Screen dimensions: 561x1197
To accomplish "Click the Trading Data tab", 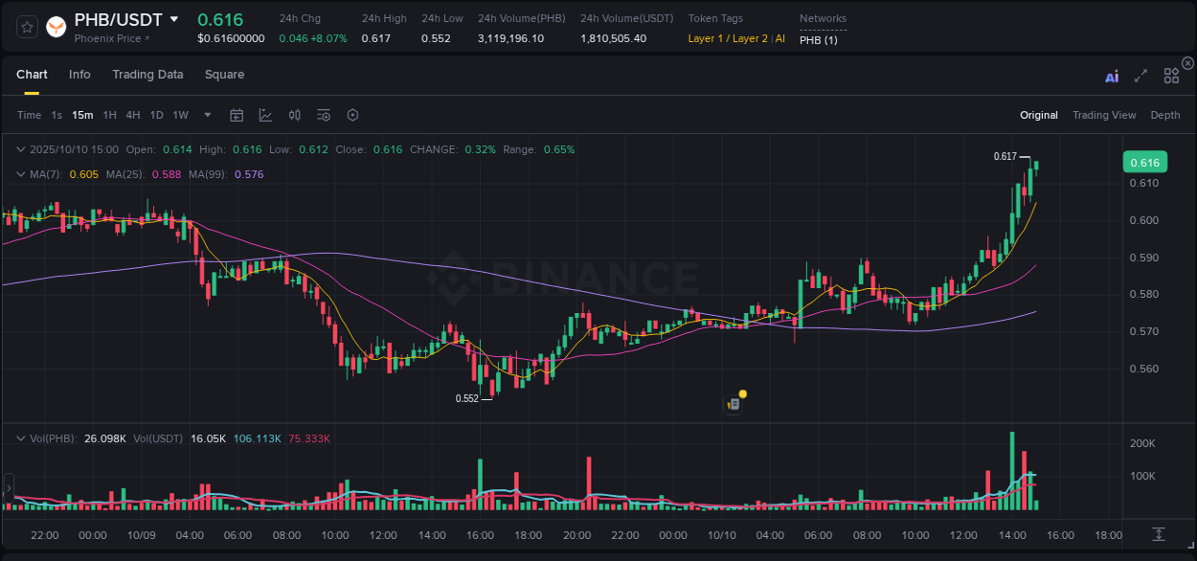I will click(x=147, y=75).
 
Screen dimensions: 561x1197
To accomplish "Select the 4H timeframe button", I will click(x=132, y=115).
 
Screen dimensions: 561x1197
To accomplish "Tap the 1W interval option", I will click(x=180, y=115).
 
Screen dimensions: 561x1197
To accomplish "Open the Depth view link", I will click(x=1164, y=115).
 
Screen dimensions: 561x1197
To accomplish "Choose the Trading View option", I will click(x=1103, y=115).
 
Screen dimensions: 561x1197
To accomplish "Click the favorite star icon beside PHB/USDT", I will click(x=27, y=27).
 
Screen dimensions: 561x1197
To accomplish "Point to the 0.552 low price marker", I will click(x=466, y=398).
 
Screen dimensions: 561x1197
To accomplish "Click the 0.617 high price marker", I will click(x=1005, y=156).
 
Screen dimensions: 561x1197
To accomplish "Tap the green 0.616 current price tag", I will click(x=1144, y=163).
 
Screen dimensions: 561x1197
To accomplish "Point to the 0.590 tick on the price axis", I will click(x=1144, y=258).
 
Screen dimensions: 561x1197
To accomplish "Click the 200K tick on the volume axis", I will click(x=1142, y=444).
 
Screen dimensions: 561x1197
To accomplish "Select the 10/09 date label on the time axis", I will click(x=141, y=535).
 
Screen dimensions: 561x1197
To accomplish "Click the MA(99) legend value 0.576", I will click(x=248, y=174).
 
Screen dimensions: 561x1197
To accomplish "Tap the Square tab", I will click(x=224, y=75).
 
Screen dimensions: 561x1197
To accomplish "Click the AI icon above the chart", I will click(x=1112, y=77).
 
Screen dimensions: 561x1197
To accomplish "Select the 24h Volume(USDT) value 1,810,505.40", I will click(x=613, y=38).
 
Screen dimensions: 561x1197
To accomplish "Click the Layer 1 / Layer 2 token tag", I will click(x=728, y=38).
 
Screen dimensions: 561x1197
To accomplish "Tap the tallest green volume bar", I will click(x=1011, y=471).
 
